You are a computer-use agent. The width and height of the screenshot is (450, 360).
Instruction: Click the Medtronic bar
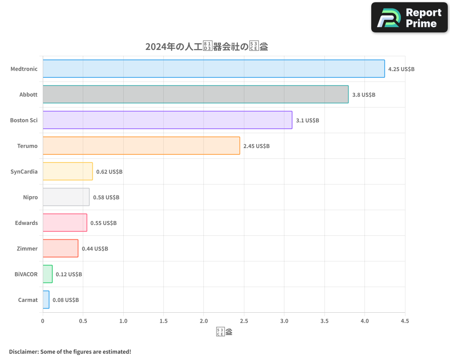[x=214, y=69]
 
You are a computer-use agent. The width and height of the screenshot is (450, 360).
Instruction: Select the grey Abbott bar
[x=195, y=94]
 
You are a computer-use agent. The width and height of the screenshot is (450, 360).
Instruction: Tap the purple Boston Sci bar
[x=167, y=120]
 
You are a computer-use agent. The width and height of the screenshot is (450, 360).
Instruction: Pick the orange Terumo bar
[x=141, y=146]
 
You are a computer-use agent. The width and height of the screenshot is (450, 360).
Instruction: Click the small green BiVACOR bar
[x=48, y=274]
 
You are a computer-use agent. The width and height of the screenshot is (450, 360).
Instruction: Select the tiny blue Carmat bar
[x=46, y=300]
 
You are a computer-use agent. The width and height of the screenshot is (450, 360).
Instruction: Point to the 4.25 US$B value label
[x=401, y=69]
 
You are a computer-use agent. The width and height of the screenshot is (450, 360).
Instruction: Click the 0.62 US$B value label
[x=109, y=172]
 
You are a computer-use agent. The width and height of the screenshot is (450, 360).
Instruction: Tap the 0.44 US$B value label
[x=95, y=249]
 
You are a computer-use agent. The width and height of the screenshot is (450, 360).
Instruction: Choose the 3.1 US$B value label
[x=307, y=121]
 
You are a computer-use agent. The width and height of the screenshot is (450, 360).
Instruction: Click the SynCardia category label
[x=24, y=171]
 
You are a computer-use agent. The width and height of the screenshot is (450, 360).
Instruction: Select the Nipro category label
[x=30, y=197]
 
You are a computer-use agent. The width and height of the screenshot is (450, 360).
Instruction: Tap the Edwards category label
[x=27, y=223]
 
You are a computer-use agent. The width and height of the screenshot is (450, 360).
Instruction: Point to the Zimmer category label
[x=27, y=248]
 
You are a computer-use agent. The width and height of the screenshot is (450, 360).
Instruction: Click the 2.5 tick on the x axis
[x=244, y=321]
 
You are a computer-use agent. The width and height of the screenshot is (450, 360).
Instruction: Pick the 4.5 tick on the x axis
[x=405, y=321]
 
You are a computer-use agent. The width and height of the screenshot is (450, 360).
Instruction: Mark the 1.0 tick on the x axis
[x=123, y=321]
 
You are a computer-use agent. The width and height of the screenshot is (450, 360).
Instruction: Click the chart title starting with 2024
[x=207, y=47]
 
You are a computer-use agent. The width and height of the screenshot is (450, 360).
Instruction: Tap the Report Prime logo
[x=409, y=18]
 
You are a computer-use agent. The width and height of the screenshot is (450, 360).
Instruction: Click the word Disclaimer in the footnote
[x=23, y=351]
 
